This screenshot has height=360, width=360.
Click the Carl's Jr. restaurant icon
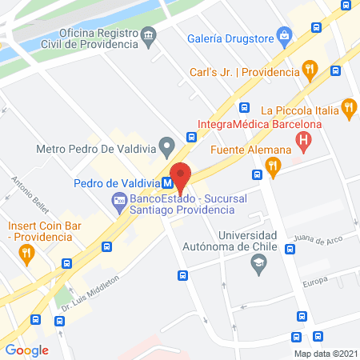click(x=308, y=70)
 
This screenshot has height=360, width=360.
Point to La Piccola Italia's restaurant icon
click(x=347, y=106)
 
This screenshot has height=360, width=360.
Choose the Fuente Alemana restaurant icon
click(x=273, y=166)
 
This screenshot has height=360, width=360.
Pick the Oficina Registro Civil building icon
click(x=149, y=37)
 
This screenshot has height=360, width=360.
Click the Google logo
click(x=27, y=350)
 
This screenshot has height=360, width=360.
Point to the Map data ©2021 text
click(x=325, y=353)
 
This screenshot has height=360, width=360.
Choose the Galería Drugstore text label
click(x=231, y=38)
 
